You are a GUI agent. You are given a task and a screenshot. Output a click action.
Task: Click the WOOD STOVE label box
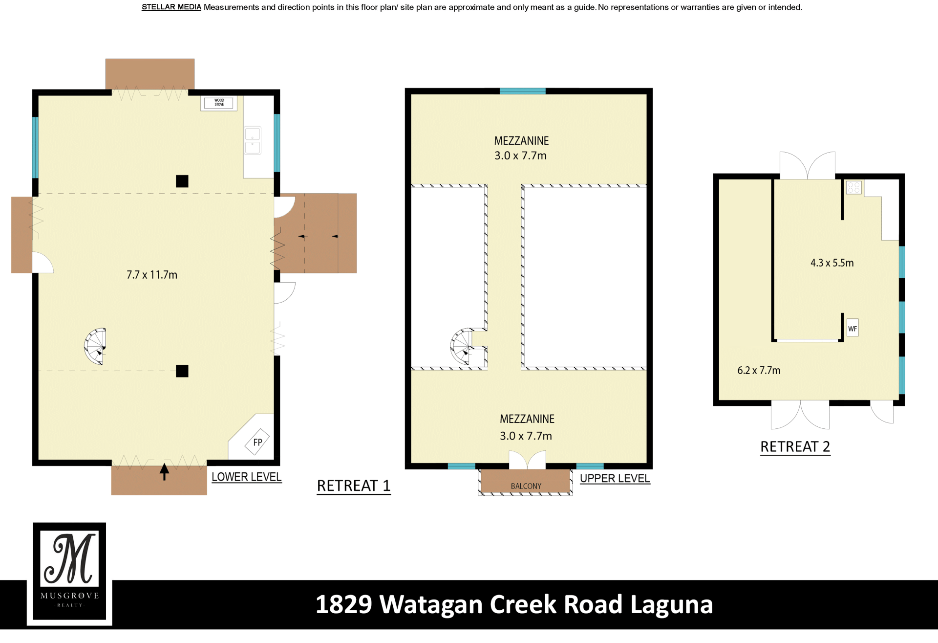click(219, 103)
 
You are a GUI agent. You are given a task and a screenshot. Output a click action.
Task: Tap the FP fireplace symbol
click(257, 442)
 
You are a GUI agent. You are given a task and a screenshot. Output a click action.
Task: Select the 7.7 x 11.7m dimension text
click(152, 275)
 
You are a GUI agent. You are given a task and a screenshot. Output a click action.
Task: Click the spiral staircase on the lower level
click(95, 346)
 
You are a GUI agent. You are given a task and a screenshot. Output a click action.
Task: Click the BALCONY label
click(526, 486)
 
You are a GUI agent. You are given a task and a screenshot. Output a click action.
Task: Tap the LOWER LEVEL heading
click(246, 477)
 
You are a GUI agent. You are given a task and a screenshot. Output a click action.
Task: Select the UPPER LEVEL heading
click(615, 479)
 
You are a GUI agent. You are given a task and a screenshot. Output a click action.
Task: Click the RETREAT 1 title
click(354, 486)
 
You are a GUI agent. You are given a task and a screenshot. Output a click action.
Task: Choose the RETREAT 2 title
click(795, 447)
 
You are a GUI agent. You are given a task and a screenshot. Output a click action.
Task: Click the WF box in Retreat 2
click(853, 329)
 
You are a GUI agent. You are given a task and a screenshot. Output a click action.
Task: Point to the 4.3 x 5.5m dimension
click(832, 263)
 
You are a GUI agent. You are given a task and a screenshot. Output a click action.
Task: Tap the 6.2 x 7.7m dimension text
click(759, 371)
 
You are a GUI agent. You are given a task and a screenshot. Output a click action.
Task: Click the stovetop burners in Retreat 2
click(854, 187)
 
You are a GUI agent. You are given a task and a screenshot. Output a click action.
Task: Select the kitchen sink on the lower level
click(253, 140)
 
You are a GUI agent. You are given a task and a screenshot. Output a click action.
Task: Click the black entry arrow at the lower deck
click(164, 472)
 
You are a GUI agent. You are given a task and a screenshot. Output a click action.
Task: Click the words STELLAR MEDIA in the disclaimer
click(171, 7)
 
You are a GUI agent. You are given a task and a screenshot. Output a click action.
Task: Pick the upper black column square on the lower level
click(182, 181)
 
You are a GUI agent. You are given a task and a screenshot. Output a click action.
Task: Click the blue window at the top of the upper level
click(522, 91)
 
